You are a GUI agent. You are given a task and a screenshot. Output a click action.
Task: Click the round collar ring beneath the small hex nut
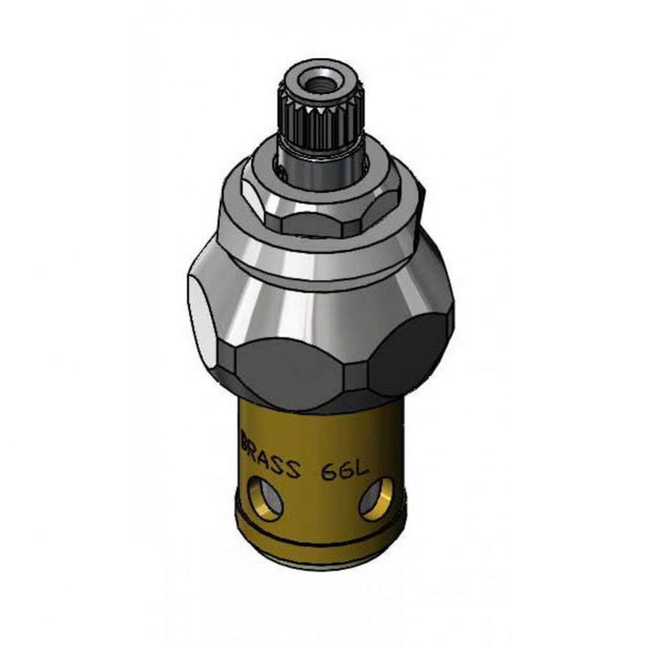[x=320, y=249]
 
